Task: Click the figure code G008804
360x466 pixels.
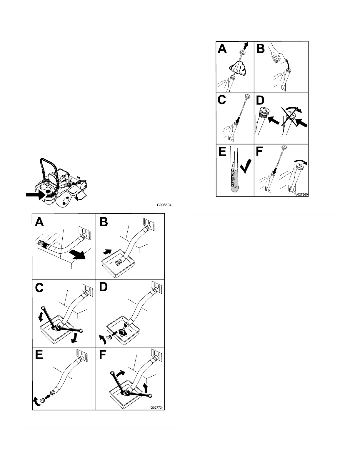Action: pyautogui.click(x=164, y=206)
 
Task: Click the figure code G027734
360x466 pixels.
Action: pyautogui.click(x=157, y=408)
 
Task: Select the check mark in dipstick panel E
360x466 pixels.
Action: pyautogui.click(x=246, y=167)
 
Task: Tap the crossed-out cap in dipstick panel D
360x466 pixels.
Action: pyautogui.click(x=291, y=116)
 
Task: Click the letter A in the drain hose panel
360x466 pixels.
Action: pyautogui.click(x=40, y=222)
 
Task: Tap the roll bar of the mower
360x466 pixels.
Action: pyautogui.click(x=48, y=168)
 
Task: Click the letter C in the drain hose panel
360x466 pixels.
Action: pyautogui.click(x=39, y=287)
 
